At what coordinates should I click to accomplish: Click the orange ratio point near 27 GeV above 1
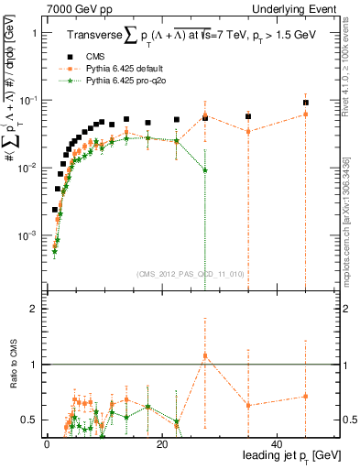point(205,355)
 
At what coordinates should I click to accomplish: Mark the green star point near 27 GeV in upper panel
point(205,170)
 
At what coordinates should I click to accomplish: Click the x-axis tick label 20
point(161,444)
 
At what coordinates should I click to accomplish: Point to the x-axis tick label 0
point(46,444)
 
